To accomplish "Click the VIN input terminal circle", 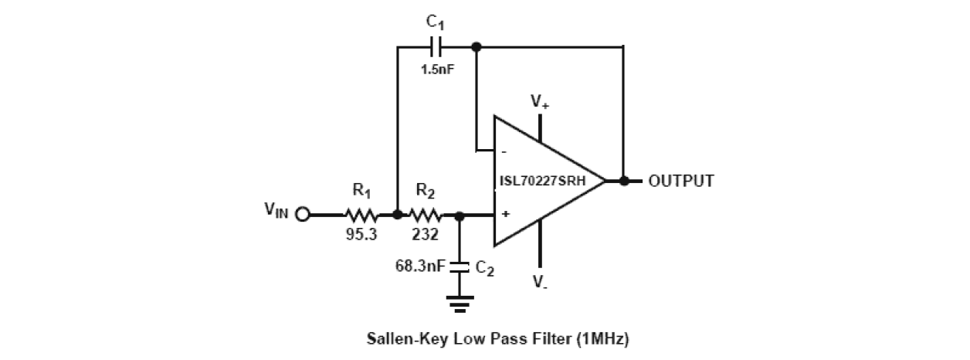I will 302,215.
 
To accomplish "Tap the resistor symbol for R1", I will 359,215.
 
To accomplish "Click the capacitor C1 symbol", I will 436,47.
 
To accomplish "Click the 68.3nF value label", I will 420,267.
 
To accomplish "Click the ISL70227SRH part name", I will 540,182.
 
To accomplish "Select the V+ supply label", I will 540,102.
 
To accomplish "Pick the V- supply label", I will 539,281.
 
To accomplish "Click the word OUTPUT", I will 681,181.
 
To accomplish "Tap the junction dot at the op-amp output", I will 623,181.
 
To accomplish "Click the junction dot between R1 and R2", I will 396,215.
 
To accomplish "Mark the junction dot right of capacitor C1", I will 477,47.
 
